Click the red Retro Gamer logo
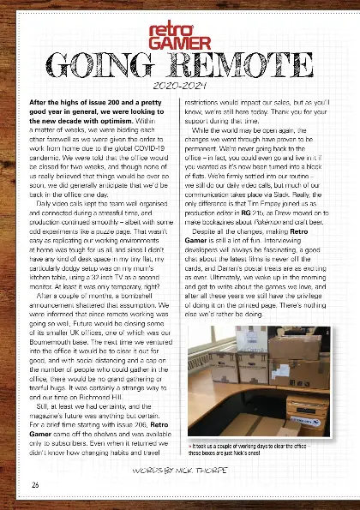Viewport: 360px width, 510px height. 179,34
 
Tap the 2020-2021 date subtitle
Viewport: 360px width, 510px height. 179,87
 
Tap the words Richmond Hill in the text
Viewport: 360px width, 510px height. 117,384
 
